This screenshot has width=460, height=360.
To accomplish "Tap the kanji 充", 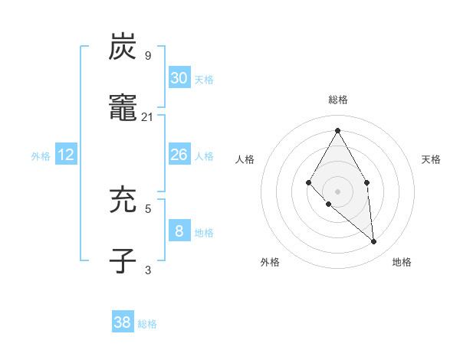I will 123,201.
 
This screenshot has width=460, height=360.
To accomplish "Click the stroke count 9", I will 148,56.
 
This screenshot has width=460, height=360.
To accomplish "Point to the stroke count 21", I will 148,116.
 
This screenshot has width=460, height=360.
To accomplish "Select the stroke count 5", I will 148,208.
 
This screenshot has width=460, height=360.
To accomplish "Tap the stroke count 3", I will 148,270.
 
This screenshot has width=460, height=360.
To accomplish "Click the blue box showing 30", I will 179,77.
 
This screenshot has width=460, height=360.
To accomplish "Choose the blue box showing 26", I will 179,155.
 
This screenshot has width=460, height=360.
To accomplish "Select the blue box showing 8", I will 179,231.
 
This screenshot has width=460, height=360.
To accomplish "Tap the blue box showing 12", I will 66,155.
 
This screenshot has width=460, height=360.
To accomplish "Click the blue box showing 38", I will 123,322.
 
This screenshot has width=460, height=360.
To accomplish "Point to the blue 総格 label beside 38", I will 147,324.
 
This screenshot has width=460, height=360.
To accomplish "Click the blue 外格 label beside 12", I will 41,156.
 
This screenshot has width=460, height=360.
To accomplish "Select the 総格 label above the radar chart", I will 337,100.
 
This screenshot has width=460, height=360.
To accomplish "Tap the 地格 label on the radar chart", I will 402,262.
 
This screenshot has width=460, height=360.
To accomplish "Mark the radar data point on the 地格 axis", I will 374,242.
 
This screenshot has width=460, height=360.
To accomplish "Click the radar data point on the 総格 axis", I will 337,130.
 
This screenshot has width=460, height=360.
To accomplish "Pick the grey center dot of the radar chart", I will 337,191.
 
